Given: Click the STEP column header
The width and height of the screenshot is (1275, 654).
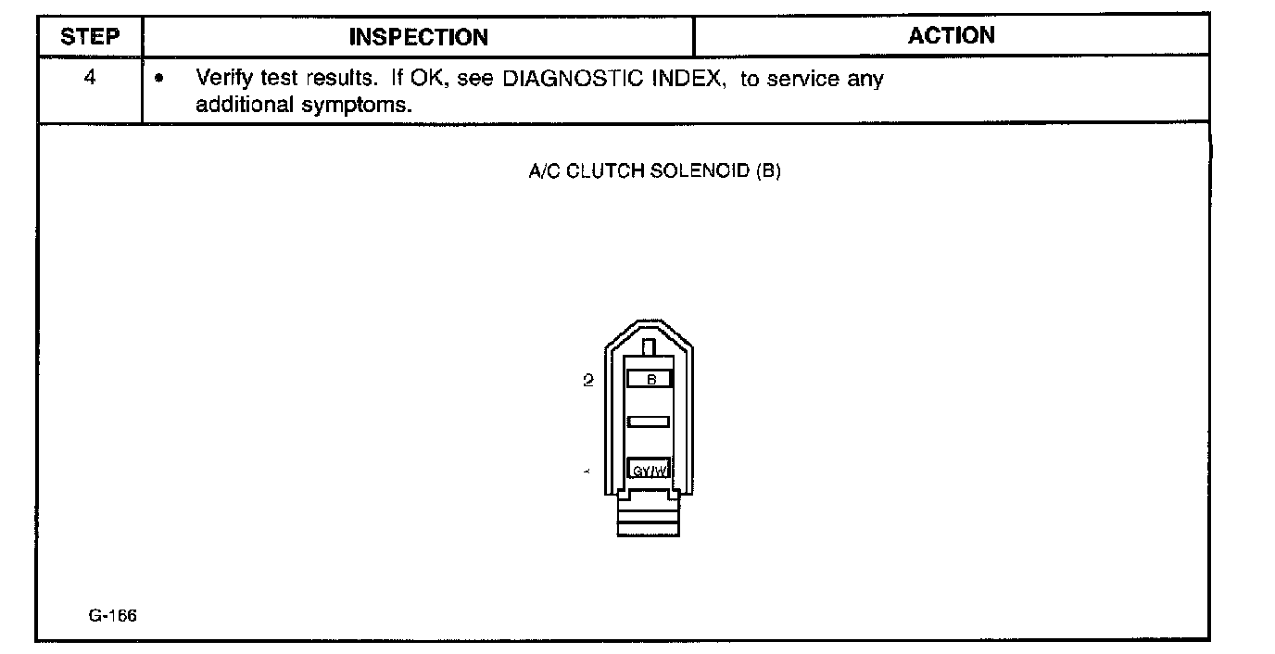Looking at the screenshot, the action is coord(90,37).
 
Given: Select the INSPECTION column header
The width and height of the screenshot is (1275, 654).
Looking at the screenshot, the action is coord(418,37).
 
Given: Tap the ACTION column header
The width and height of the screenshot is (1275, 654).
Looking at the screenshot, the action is coord(951,35).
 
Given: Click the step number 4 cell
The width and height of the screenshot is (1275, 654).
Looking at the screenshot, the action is coord(90,78).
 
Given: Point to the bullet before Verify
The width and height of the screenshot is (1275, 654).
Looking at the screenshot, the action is coord(161,80).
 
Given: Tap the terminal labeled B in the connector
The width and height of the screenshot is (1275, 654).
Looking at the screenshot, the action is coord(650,379).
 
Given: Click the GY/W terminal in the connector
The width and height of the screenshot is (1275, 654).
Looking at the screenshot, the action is coord(649,471).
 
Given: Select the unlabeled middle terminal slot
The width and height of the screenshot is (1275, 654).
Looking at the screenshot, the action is coord(649,422).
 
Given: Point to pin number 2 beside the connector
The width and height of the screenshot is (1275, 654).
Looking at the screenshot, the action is coord(587,380).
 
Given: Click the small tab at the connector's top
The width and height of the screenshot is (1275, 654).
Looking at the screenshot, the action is coord(649,347).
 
